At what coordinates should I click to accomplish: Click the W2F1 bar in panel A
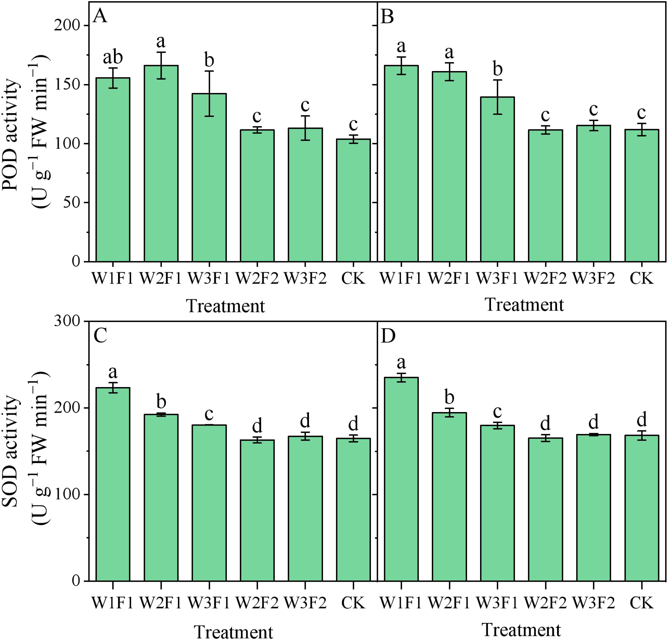161,164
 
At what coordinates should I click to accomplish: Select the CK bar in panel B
641,196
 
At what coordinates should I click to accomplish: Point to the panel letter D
388,336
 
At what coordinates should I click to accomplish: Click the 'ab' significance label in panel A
113,57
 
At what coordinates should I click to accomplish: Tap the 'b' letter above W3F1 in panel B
498,69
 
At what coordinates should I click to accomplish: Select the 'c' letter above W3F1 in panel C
209,414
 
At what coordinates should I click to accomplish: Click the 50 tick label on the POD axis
72,203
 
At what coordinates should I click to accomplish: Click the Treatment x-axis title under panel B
524,305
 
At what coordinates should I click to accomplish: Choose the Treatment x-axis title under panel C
234,632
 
